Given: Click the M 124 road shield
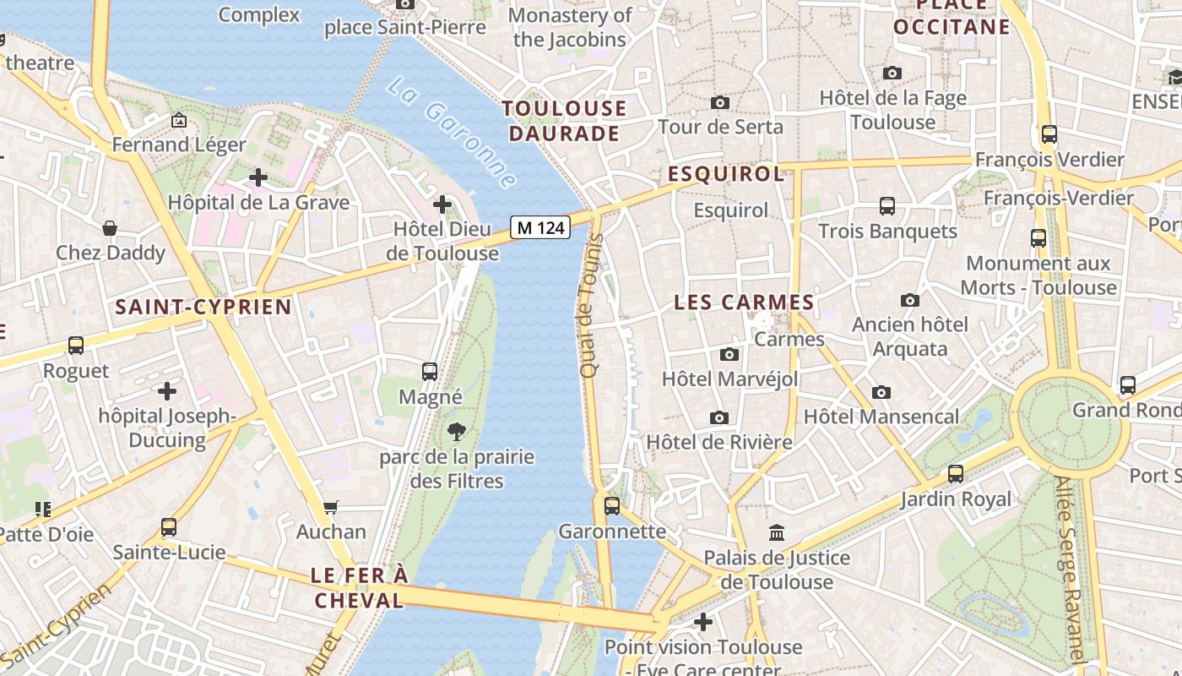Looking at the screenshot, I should [540, 227].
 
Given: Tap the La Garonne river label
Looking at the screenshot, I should [452, 134].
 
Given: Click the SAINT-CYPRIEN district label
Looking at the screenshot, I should [203, 307].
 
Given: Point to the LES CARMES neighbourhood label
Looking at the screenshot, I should [744, 303].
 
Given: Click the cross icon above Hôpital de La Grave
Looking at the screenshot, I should [258, 177].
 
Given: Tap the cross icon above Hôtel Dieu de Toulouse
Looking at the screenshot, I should [442, 204].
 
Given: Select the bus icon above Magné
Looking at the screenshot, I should [430, 371].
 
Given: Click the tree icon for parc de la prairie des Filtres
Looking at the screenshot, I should [457, 432].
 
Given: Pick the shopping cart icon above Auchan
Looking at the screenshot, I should [331, 507].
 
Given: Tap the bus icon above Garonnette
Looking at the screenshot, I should [612, 506].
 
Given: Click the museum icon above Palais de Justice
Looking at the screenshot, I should [777, 533].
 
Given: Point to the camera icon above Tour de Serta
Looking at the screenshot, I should [720, 102].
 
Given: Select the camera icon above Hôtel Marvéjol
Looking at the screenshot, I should [729, 354].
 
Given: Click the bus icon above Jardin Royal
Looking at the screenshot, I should [956, 474].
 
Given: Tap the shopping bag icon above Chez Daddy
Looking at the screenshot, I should [110, 227].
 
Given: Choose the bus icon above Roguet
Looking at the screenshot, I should [76, 346].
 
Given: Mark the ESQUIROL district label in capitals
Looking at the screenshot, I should [726, 174].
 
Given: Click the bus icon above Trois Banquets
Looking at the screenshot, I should [887, 205].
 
